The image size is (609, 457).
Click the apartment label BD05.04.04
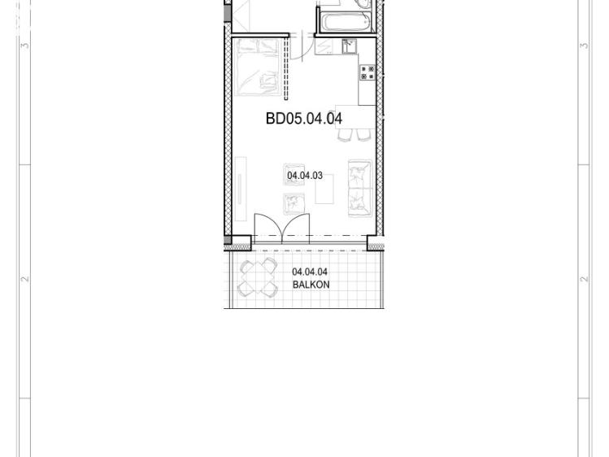tap(304, 119)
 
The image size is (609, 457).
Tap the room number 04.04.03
tap(304, 176)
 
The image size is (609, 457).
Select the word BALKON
tap(311, 285)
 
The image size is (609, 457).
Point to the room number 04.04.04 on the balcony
tap(310, 272)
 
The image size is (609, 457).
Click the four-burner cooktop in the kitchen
tap(368, 72)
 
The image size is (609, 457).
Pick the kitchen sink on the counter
tap(349, 46)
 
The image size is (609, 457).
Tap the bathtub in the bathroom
tap(346, 22)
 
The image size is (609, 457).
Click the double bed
tap(259, 67)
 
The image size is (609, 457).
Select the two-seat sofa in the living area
tap(360, 189)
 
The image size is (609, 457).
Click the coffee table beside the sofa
tap(324, 189)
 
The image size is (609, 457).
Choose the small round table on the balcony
tap(258, 278)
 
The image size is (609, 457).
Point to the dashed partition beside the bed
tap(287, 67)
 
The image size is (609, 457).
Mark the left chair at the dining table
tap(345, 135)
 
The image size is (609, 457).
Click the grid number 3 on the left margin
tap(25, 46)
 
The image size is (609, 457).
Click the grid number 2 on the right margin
tap(584, 279)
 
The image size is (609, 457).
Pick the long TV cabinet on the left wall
tap(241, 189)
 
